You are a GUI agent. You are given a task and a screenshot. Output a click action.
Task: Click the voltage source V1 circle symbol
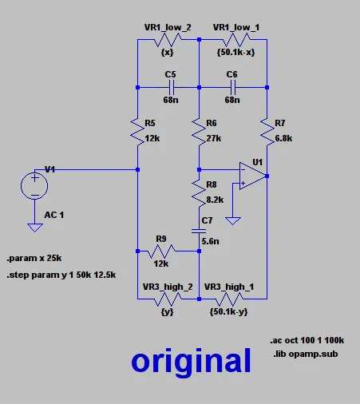(x=34, y=186)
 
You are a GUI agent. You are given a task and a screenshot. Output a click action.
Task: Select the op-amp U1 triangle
(x=252, y=176)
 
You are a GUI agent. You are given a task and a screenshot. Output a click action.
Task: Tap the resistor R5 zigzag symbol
(x=137, y=129)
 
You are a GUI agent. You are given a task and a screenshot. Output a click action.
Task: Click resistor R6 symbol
(x=198, y=129)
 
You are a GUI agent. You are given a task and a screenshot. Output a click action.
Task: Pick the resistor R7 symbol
(x=267, y=129)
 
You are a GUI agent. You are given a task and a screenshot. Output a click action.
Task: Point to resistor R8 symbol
(x=198, y=192)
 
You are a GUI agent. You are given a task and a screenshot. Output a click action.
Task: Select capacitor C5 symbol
(x=169, y=87)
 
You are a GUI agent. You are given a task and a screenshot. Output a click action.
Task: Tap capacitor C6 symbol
(x=232, y=87)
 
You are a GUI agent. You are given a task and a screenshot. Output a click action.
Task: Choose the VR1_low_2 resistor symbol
(x=168, y=40)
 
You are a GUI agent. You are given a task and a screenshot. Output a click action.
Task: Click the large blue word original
(x=192, y=361)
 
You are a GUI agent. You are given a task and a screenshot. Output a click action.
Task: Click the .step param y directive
(x=61, y=275)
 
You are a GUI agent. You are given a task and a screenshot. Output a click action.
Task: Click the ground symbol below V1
(x=34, y=227)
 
